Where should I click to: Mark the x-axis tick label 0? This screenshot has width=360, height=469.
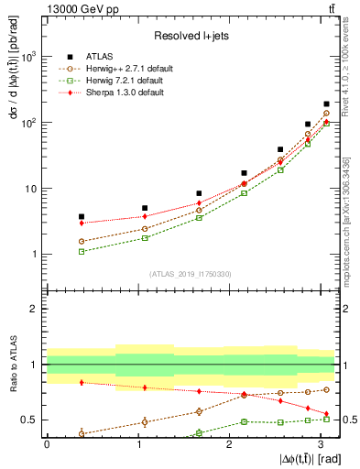click(46, 443)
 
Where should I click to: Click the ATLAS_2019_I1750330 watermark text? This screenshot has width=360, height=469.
click(190, 274)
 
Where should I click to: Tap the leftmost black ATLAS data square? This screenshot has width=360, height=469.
click(82, 217)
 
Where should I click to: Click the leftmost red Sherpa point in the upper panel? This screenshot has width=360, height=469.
click(82, 223)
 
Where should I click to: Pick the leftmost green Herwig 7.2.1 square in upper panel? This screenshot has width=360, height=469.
click(82, 251)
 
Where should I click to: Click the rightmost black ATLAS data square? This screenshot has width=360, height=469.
click(326, 104)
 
